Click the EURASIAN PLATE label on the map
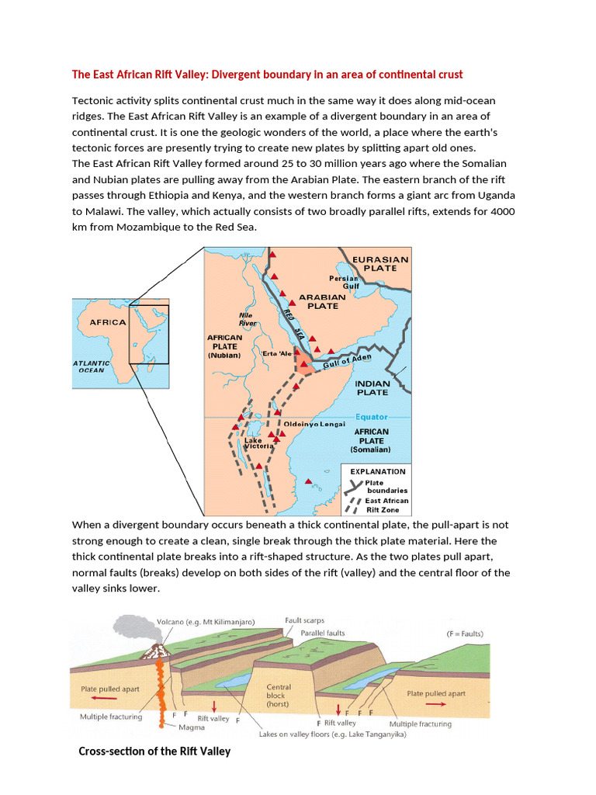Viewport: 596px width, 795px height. coord(379,263)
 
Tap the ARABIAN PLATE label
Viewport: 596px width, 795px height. coord(323,301)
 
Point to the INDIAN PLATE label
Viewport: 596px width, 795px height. coord(372,387)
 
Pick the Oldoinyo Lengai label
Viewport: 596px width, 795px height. coord(314,424)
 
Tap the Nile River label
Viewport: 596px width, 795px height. coord(248,319)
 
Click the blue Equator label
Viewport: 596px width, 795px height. coord(371,417)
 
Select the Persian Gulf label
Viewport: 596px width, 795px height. coord(343,282)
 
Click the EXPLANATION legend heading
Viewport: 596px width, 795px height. coord(378,471)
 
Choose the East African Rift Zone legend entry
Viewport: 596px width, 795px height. coord(386,505)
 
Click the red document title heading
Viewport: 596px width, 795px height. coord(267,75)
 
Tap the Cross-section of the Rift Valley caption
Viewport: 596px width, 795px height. coord(154,751)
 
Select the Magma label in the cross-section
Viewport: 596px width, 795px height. coord(191,727)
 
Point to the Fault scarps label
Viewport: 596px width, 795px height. coord(304,620)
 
